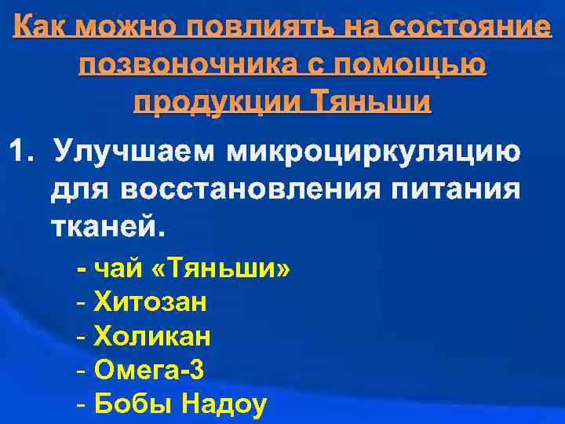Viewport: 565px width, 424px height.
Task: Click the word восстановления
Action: (243, 189)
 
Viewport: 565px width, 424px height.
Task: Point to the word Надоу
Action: (224, 404)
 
